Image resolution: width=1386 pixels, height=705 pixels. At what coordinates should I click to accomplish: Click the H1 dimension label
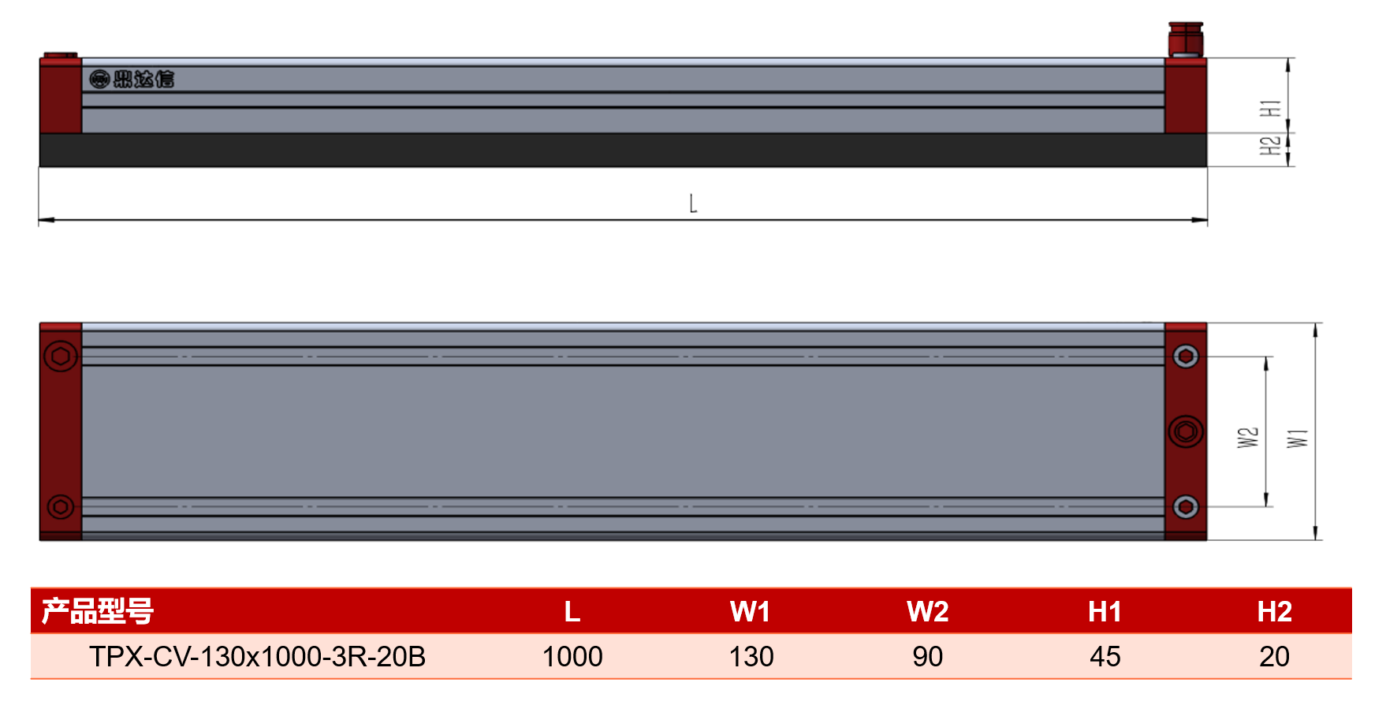coord(1270,108)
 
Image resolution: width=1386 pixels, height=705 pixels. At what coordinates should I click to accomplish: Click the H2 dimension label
coord(1270,146)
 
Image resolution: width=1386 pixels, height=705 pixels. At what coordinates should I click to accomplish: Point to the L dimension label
coord(693,203)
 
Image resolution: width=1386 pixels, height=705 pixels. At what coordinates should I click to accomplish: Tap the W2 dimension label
coord(1248,438)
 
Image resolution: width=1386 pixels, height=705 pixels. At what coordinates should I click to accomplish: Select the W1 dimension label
coord(1298,438)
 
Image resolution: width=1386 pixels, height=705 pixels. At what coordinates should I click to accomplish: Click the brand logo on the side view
coord(132,79)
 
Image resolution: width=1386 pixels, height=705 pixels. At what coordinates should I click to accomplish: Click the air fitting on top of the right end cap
coord(1186,39)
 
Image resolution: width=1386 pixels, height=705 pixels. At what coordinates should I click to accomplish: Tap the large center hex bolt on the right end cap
coord(1186,431)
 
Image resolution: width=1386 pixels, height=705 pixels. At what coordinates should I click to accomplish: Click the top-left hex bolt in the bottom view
coord(61,356)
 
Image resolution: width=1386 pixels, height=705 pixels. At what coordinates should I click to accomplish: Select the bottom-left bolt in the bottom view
coord(61,506)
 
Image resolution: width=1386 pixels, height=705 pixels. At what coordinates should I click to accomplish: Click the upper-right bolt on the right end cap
coord(1186,356)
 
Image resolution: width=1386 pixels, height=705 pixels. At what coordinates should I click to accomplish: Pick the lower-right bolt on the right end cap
coord(1186,506)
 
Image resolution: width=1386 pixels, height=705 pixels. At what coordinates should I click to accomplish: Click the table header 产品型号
coord(98,611)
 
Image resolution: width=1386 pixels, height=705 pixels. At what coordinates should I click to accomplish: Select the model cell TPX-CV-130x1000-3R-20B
coord(257,656)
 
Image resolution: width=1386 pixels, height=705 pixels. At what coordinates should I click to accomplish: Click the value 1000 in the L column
coord(572,656)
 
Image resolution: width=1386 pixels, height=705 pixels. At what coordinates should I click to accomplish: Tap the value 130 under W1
coord(751,656)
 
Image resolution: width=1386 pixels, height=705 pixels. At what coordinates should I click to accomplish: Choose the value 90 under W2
coord(927,656)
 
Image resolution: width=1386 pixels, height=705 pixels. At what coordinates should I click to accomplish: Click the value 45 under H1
coord(1105,656)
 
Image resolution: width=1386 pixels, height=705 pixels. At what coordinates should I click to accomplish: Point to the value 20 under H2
coord(1274,656)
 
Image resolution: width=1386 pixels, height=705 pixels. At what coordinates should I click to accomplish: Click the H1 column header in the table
coord(1105,611)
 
